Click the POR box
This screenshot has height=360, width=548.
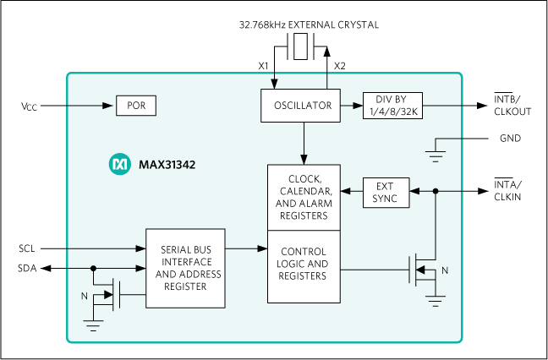point(136,106)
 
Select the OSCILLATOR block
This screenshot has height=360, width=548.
point(303,106)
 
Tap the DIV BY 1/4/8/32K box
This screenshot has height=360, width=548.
point(392,106)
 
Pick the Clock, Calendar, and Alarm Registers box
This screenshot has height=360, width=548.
point(304,197)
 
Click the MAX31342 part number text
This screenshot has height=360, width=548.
point(167,165)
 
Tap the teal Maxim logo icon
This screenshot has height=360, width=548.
point(119,165)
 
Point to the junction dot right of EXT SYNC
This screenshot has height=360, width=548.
point(436,192)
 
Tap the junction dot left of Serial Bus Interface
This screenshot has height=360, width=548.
point(93,268)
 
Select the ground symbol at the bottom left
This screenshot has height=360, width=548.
point(93,323)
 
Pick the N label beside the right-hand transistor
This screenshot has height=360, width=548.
point(447,270)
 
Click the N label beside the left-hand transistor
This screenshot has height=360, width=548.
point(84,296)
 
